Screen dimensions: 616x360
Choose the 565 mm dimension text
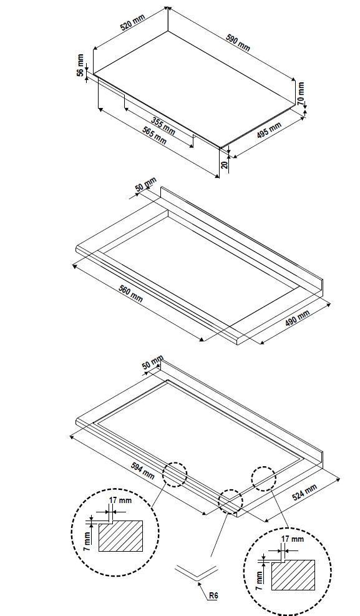(x=154, y=135)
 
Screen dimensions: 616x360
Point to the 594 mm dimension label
(x=143, y=471)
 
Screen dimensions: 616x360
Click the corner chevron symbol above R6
(x=198, y=572)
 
